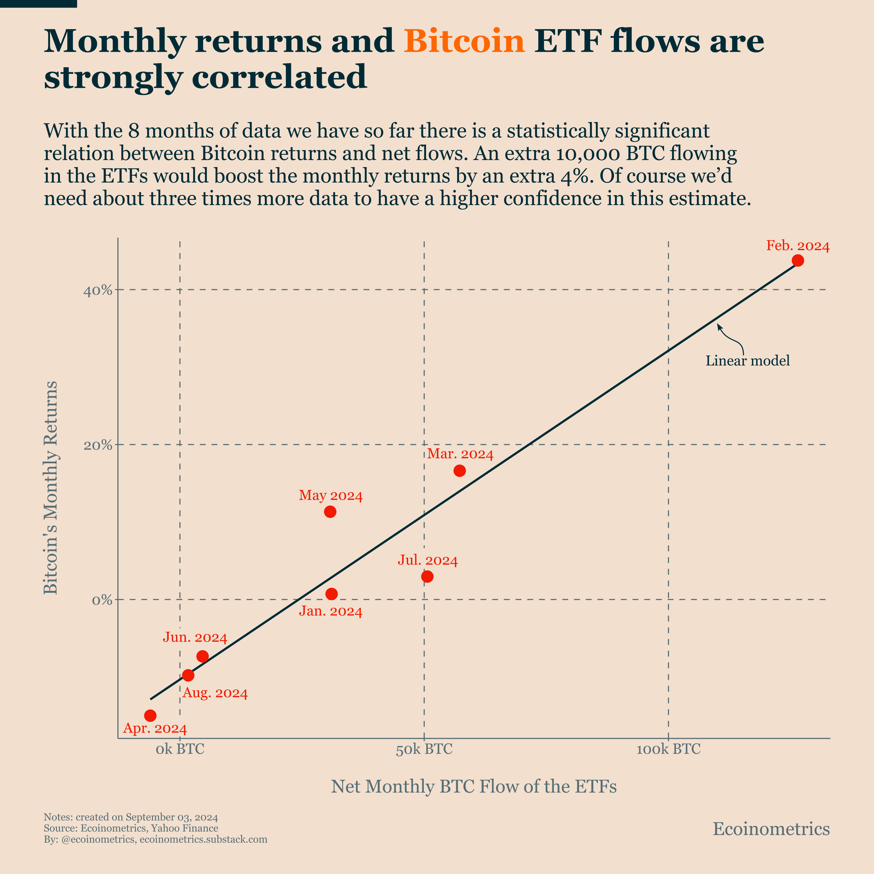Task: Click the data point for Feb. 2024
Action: pos(798,260)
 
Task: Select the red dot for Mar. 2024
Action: pos(459,471)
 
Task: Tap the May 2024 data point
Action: pos(330,512)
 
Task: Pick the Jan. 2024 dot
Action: pos(332,594)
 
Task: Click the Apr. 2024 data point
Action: pos(150,716)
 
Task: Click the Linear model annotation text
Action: pos(747,361)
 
